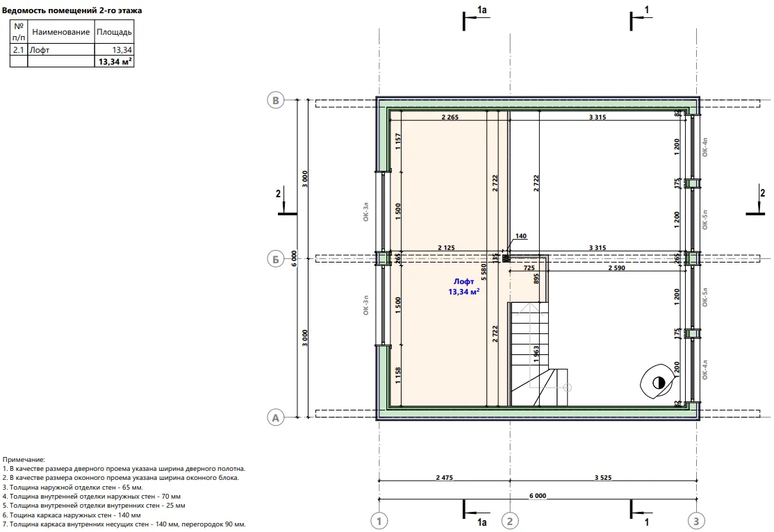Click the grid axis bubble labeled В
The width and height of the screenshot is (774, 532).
point(275,100)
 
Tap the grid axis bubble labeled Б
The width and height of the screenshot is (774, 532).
point(275,258)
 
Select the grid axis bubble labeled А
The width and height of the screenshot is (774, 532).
point(275,417)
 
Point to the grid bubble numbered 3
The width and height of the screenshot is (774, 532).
point(696,521)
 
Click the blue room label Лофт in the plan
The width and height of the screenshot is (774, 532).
point(463,281)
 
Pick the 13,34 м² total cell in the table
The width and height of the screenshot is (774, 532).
point(115,62)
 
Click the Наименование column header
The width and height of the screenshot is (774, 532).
point(60,32)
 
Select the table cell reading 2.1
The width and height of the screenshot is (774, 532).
point(19,50)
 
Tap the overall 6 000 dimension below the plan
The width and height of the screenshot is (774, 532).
point(538,495)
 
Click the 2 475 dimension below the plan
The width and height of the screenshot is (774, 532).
point(444,477)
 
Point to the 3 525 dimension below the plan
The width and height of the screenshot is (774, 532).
point(602,477)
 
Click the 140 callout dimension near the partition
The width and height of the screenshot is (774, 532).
point(521,236)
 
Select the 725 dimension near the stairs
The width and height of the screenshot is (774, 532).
point(529,267)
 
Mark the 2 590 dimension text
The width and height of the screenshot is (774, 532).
point(616,267)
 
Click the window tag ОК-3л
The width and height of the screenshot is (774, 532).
point(365,211)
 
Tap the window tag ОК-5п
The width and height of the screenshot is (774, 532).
point(705,219)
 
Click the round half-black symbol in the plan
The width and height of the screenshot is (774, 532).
point(658,383)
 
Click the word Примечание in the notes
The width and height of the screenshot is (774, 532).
point(23,460)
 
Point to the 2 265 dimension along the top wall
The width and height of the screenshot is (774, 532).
point(450,117)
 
